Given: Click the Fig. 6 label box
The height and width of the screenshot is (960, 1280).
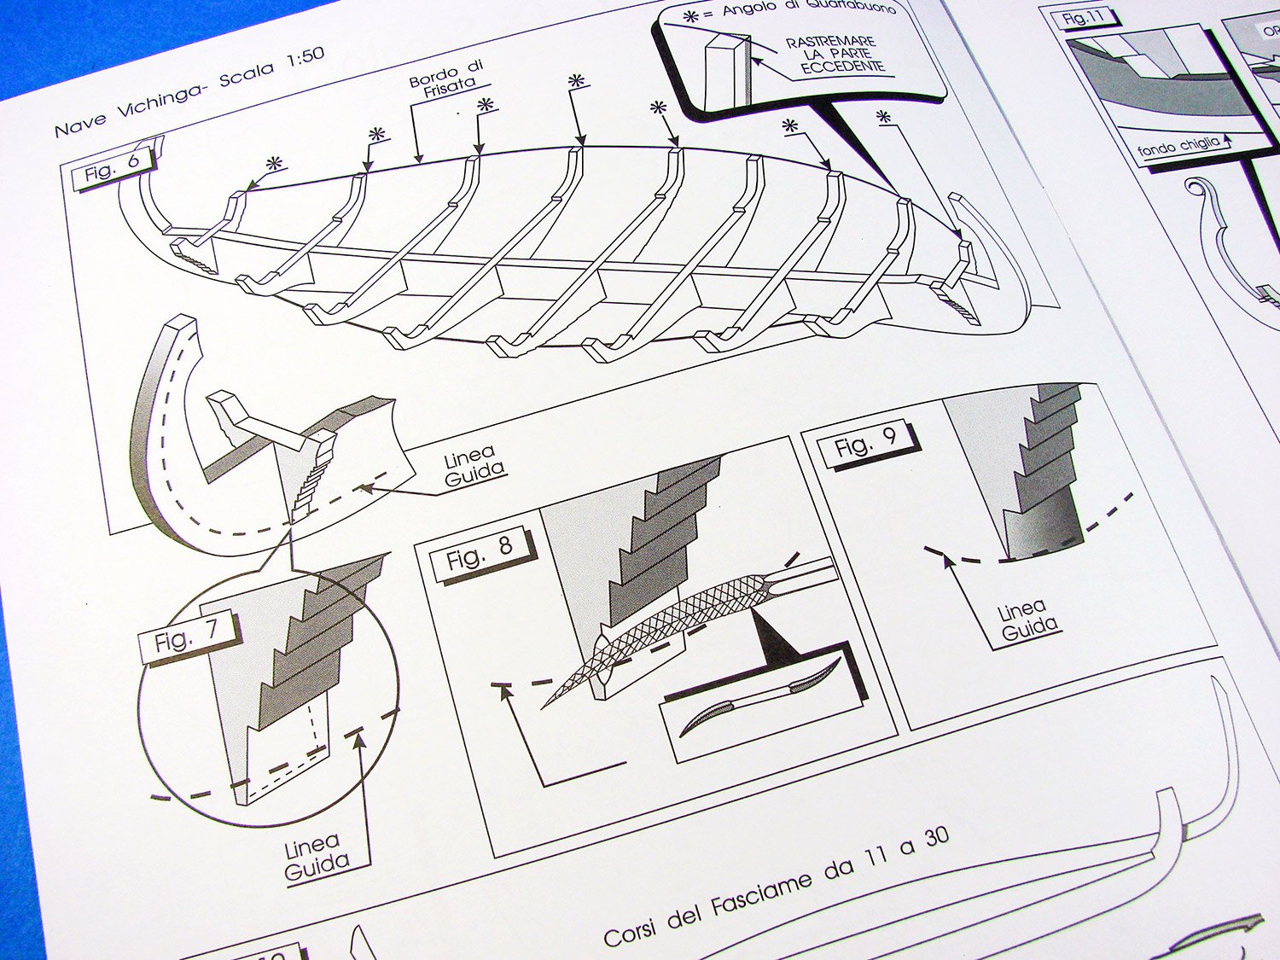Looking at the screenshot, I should click(x=113, y=167).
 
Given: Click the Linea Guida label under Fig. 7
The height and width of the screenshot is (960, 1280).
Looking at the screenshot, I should click(x=316, y=858).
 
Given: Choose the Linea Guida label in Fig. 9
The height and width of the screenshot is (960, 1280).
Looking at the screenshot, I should click(x=1027, y=620).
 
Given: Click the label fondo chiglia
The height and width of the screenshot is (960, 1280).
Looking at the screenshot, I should click(x=1178, y=147).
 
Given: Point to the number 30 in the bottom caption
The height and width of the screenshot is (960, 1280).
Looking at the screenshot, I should click(x=935, y=836).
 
